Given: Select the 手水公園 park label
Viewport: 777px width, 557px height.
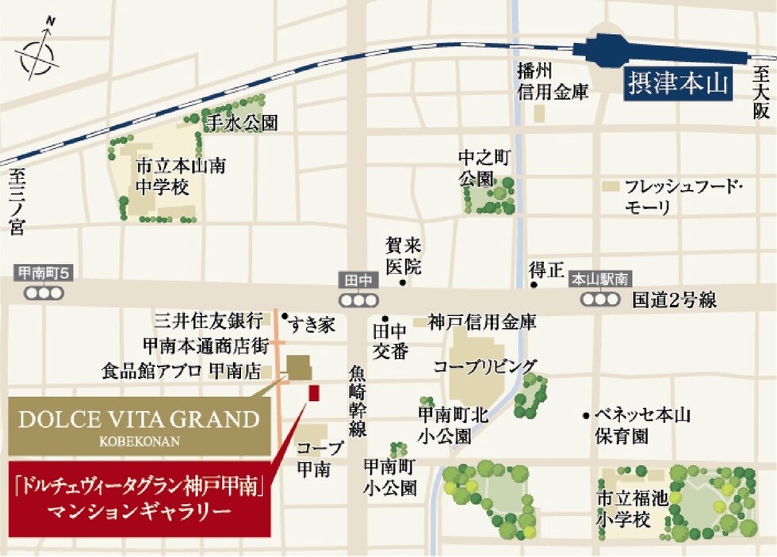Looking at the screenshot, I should (x=241, y=123).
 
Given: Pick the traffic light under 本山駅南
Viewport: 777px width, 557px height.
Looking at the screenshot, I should (x=599, y=299).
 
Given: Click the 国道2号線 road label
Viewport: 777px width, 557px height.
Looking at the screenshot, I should (x=675, y=300).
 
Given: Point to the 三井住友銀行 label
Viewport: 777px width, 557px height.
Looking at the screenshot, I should (x=209, y=321).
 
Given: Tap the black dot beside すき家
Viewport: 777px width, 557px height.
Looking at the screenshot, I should (x=284, y=315).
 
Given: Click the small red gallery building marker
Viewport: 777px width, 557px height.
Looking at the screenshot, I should (x=313, y=392).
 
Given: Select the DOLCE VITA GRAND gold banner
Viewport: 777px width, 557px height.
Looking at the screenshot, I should (x=139, y=425).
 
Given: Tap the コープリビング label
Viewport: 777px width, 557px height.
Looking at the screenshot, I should (x=484, y=366).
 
